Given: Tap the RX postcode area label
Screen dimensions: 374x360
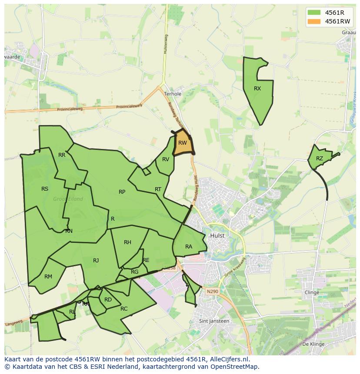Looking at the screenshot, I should tap(257, 89).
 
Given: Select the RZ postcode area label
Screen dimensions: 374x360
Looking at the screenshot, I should tap(320, 159).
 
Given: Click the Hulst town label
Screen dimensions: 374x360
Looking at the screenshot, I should tap(217, 235).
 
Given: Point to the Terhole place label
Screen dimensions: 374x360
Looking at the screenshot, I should tap(173, 94).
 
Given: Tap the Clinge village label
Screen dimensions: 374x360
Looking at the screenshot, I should tap(312, 292).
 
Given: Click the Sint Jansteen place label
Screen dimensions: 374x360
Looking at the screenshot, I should tap(214, 321).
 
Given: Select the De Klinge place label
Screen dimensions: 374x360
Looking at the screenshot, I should tap(313, 344).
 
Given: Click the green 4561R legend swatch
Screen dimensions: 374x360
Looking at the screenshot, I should tap(314, 13).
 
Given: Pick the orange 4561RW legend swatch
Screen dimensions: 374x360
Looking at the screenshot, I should tap(314, 22).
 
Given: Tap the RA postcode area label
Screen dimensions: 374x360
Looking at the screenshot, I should tap(189, 247).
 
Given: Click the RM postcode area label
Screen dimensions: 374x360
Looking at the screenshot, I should tap(48, 277).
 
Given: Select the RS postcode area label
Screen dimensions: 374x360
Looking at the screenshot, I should tap(45, 189).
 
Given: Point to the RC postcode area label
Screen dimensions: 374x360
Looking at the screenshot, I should tap(124, 309).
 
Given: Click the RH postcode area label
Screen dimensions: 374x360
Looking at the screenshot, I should tap(127, 242).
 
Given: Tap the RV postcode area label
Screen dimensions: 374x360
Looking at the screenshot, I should tap(166, 159).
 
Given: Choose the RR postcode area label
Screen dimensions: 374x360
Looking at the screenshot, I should tap(62, 155).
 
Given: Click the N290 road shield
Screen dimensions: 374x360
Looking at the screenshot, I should tap(212, 291).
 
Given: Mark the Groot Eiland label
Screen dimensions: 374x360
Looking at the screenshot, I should tap(68, 199).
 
